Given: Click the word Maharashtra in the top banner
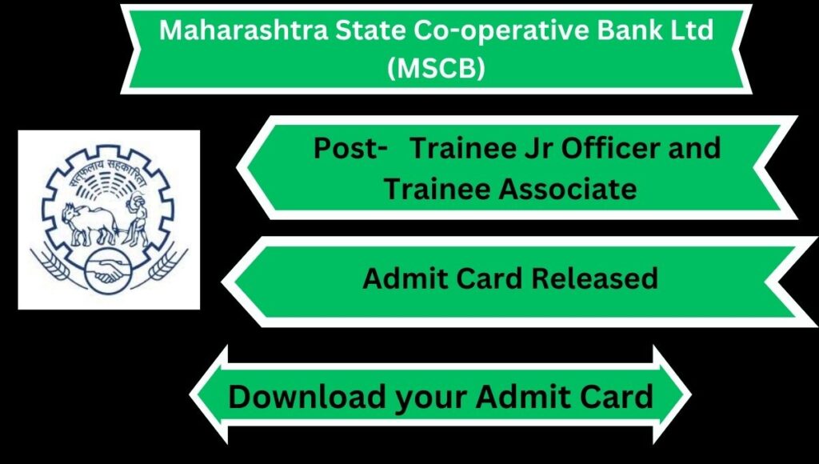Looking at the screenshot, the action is point(243,30).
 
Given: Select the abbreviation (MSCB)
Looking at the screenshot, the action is point(436,68).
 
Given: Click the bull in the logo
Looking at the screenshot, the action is point(90,223).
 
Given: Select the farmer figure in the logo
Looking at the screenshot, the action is point(136,219).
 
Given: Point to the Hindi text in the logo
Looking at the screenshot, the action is point(107,168).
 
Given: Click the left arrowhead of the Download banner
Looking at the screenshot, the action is point(209,395).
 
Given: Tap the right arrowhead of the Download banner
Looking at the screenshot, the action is point(672,395).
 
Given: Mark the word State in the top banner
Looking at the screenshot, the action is point(370,30).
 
